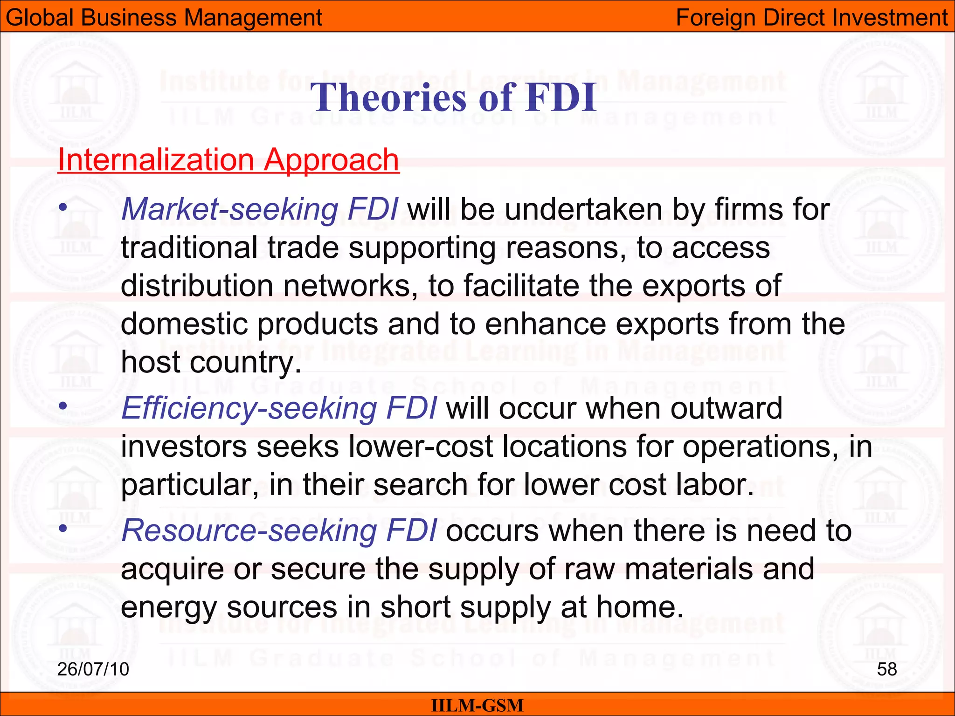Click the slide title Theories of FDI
click(x=453, y=97)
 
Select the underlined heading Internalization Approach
click(x=228, y=160)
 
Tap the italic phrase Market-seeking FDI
click(x=260, y=209)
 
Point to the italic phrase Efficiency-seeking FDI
click(x=279, y=408)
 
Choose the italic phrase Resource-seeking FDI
click(x=279, y=530)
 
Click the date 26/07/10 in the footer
click(x=93, y=669)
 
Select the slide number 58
click(x=886, y=669)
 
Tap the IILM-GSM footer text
click(x=477, y=705)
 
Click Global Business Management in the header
click(x=164, y=18)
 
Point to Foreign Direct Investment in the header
click(x=811, y=18)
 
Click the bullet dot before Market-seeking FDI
click(x=63, y=207)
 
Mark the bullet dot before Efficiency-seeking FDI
click(x=63, y=406)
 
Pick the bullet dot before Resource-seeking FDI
click(x=63, y=528)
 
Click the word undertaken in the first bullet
click(x=583, y=209)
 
